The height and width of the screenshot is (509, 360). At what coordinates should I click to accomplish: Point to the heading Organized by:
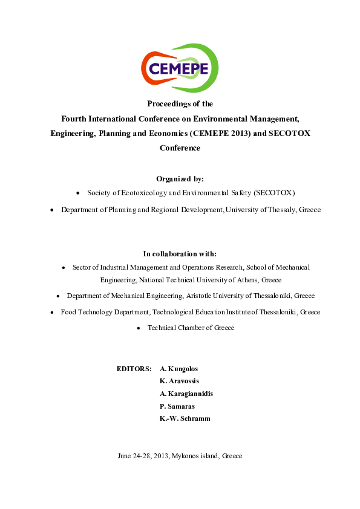180,178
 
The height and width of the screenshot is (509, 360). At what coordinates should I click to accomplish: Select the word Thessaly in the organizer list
278,210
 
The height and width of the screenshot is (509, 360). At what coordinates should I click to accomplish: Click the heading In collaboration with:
180,253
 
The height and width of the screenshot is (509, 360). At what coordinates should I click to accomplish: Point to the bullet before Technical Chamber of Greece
139,328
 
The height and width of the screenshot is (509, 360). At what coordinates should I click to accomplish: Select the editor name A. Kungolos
178,368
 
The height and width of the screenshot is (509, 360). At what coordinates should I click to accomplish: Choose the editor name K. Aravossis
179,381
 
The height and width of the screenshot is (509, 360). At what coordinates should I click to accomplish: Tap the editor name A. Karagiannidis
186,394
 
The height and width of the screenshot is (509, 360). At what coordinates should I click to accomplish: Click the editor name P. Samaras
177,406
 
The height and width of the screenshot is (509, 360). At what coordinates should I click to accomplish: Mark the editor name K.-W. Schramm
185,418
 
